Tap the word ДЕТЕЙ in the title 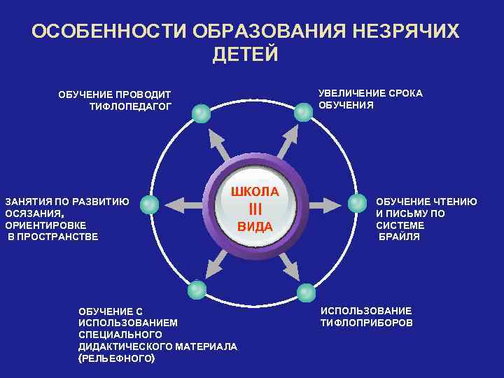point(245,54)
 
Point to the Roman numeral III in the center point(255,209)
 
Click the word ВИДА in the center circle point(255,227)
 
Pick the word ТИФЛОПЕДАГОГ point(130,107)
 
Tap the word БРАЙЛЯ point(400,237)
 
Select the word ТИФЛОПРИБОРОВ point(366,323)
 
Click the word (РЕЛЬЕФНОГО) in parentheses point(116,358)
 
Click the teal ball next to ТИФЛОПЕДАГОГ point(201,113)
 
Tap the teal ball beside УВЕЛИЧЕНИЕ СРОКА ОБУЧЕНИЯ point(303,112)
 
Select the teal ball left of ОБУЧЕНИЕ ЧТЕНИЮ point(357,204)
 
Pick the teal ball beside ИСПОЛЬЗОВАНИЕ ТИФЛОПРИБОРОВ point(306,293)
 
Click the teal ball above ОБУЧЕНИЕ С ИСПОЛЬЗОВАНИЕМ point(197,289)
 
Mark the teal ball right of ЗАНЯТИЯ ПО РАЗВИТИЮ point(149,204)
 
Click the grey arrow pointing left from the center point(183,204)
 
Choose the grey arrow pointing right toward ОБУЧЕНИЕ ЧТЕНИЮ point(326,204)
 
